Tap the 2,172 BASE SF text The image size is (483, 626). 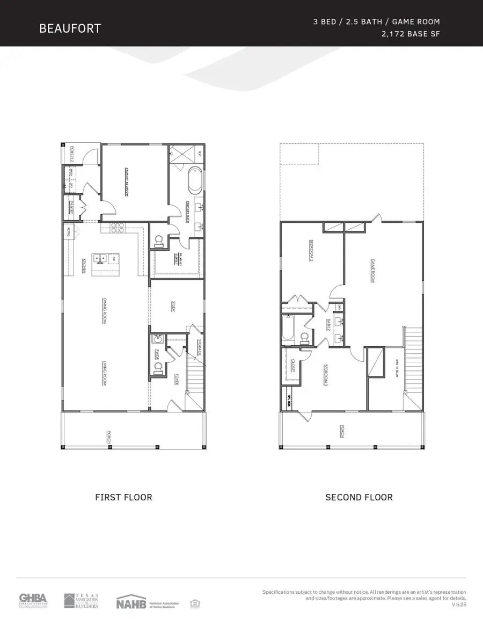(409, 34)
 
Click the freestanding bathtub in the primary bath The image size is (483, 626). (194, 182)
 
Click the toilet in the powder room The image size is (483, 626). (158, 368)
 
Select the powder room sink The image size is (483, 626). (157, 339)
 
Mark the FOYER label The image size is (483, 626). (176, 380)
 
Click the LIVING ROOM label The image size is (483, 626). (104, 373)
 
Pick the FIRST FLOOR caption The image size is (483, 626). (123, 497)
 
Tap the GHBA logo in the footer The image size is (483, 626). (33, 601)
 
